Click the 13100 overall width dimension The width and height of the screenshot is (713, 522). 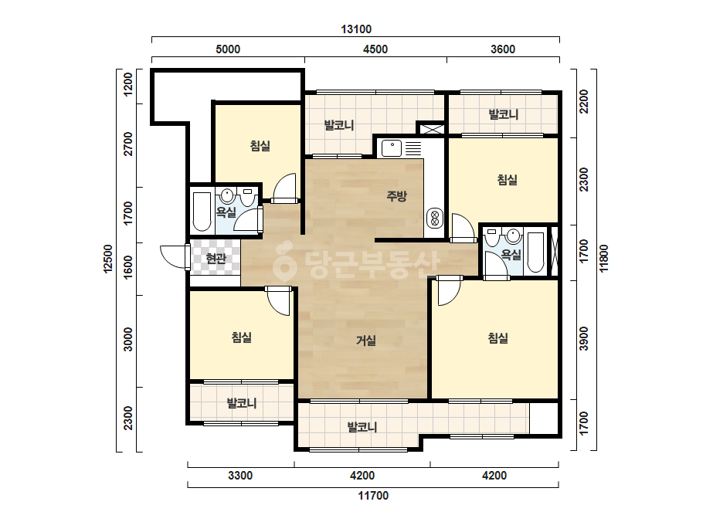pos(356,29)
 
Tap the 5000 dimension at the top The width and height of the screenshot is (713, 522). pos(228,49)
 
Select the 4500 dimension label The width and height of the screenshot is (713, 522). pos(375,49)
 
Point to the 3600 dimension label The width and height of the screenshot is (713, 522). pos(503,49)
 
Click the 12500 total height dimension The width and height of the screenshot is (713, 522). pos(108,259)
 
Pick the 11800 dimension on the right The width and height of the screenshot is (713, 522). pos(603,259)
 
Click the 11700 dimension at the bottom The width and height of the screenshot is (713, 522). pos(373,496)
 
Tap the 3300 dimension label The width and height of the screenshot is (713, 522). pos(240,476)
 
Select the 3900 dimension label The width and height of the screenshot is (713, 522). pos(584,339)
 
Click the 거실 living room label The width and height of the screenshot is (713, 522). pos(366,340)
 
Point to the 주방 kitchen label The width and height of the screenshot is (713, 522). pos(396,196)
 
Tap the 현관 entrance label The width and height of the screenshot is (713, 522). pos(216,259)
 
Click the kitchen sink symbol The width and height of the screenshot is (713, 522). pos(392,148)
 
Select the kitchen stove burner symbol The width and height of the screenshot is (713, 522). pos(434,219)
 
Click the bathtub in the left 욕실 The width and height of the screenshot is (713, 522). pos(202,212)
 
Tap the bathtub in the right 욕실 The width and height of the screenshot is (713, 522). pos(535,253)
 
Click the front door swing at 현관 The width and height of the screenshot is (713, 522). pos(174,257)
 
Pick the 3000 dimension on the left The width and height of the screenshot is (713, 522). pos(128,339)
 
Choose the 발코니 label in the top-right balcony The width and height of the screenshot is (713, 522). pos(504,114)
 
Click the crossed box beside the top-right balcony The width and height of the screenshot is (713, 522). pos(430,129)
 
